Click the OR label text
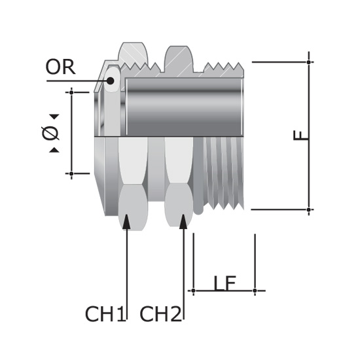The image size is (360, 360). [61, 67]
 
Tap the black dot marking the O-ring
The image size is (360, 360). [111, 81]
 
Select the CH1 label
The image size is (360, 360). [105, 314]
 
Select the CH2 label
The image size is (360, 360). [160, 314]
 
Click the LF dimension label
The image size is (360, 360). [225, 283]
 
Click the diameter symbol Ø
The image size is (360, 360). [50, 133]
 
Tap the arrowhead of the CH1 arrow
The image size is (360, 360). [126, 221]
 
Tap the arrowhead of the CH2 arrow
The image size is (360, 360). [183, 221]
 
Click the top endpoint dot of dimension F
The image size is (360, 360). [309, 62]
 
